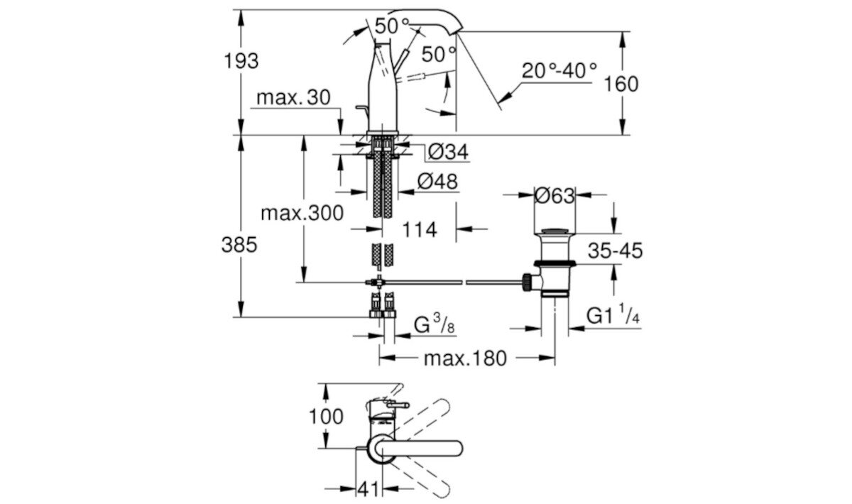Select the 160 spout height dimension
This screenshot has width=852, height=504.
coord(621,84)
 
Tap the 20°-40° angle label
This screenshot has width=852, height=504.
coord(559,71)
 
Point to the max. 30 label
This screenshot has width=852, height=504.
coord(293,97)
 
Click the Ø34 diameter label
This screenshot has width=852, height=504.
coord(448,152)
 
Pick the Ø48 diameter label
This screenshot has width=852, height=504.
coord(437,182)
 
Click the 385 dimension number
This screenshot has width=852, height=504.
coord(239,246)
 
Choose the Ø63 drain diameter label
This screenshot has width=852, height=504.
coord(555,196)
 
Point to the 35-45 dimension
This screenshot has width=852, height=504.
coord(615,250)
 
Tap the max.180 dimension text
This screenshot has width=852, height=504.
coord(465,358)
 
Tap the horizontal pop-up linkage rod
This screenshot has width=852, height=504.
coord(454,283)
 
